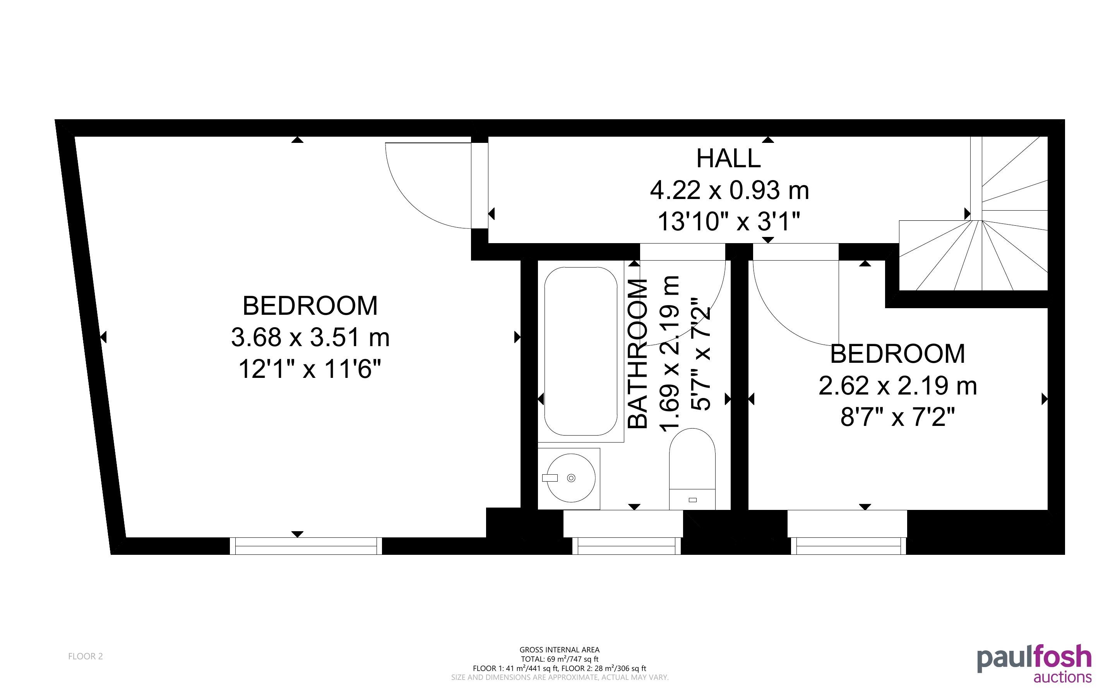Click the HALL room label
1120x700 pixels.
pos(729,158)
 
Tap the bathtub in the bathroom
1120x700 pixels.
pos(581,352)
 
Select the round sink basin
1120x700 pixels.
pos(571,478)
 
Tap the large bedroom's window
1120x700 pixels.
pos(306,546)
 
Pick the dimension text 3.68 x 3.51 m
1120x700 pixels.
pos(310,337)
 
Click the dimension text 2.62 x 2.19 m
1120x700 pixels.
pos(897,386)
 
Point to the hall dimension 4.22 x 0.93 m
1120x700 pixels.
pos(730,190)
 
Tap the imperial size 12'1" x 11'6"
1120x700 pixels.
pos(310,369)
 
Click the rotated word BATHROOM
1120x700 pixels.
pos(638,354)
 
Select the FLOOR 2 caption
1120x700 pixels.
pos(86,656)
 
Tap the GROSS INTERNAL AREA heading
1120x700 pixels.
pos(559,650)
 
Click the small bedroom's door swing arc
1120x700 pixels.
pos(782,319)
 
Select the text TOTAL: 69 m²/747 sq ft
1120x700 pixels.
pos(559,659)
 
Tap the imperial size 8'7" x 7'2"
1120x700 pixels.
pos(897,417)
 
